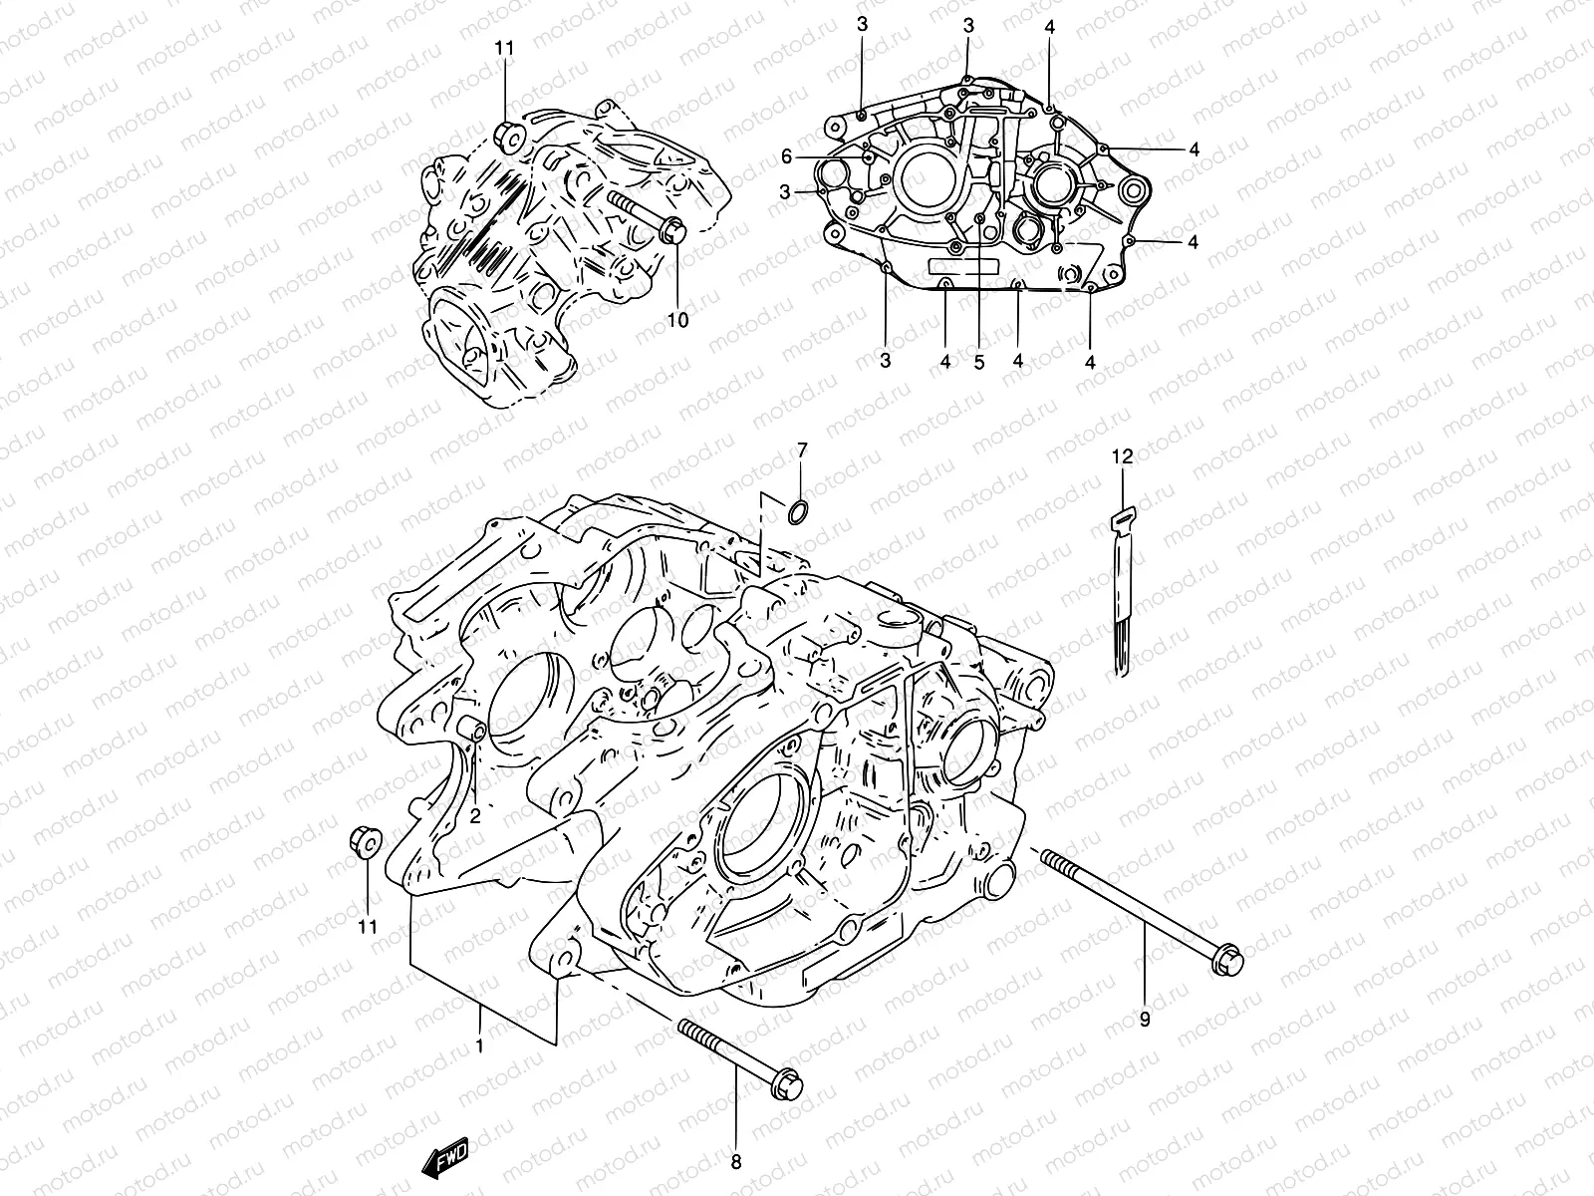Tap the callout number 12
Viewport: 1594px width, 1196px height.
point(1123,457)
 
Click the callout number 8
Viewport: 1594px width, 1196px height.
point(736,1162)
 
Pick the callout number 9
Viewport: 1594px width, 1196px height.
point(1145,1020)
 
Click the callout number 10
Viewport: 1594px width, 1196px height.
point(677,320)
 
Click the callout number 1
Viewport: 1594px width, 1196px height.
point(480,1046)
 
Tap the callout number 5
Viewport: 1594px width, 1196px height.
point(979,363)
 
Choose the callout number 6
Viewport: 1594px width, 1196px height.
point(786,156)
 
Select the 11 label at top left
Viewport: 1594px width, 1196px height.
point(505,48)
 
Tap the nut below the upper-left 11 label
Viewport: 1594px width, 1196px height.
point(508,138)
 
